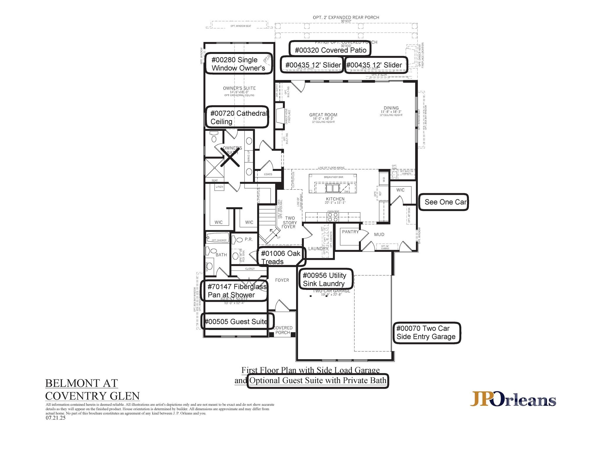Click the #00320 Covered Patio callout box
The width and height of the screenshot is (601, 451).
pos(330,48)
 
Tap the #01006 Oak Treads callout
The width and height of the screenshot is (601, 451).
pos(281,257)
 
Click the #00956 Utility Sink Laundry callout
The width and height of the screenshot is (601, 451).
pos(325,279)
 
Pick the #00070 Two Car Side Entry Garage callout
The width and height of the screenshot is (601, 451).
pos(427,332)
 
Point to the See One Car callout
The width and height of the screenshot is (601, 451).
pos(443,202)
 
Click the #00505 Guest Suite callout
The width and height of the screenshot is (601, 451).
pos(237,321)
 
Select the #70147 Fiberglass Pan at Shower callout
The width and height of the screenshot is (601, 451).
pos(234,290)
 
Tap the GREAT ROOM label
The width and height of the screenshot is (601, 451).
pos(323,115)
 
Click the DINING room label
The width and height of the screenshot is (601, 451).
pos(391,108)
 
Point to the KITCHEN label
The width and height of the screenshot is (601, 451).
pos(335,199)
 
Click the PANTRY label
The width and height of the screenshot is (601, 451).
pos(350,232)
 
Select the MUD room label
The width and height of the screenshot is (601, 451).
pos(379,234)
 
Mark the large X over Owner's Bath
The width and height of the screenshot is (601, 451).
pos(230,157)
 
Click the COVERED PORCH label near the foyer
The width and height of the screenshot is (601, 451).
pos(283,330)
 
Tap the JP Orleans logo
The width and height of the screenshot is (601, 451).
pos(513,399)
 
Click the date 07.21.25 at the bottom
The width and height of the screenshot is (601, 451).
pos(55,418)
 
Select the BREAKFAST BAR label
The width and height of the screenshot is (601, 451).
pos(333,177)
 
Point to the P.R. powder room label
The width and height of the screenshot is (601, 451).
pos(248,239)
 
